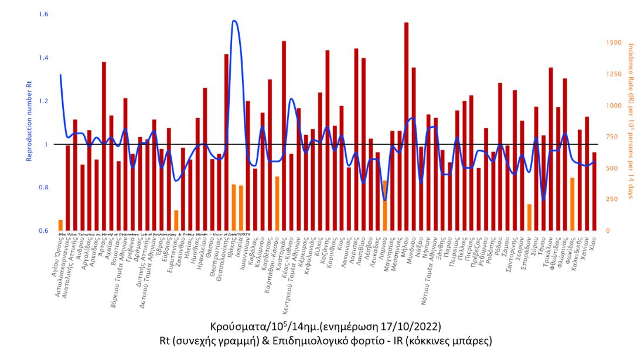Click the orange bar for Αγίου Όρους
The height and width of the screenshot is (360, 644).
pos(60,225)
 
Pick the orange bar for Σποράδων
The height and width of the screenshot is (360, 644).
pos(529,218)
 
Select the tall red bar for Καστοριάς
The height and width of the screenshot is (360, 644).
pos(284,135)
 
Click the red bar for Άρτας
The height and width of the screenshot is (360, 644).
pos(104,146)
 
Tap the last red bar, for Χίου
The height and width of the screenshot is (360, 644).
pos(594,191)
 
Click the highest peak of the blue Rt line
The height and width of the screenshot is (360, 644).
pos(234,21)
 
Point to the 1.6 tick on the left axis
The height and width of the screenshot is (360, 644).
pos(43,14)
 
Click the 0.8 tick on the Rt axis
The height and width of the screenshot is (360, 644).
pos(43,188)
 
